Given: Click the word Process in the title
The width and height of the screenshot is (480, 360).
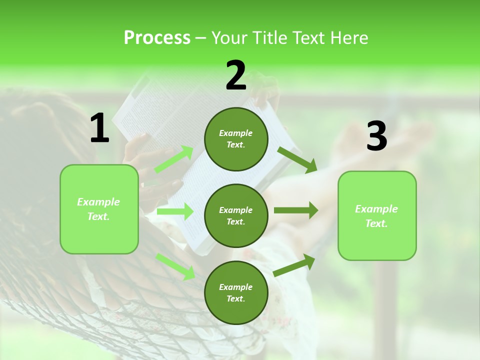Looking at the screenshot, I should click(157, 38).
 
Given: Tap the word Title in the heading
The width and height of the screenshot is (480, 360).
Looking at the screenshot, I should click(270, 38).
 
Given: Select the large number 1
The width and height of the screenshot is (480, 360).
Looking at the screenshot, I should click(99, 128).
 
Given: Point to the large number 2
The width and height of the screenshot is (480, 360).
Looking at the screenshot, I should click(236, 75).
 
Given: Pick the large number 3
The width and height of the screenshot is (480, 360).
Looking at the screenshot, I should click(376, 136).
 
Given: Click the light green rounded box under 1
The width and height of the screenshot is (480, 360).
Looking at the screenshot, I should click(99, 209).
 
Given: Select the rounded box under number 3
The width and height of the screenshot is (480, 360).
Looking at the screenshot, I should click(377, 215).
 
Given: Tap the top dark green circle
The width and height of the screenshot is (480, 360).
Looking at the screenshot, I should click(236, 139).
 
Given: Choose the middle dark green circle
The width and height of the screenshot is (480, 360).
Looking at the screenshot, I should click(236, 215).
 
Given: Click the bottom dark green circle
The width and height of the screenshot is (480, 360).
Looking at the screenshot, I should click(236, 292).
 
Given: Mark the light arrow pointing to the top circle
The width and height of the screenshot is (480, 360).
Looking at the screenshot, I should click(174, 159).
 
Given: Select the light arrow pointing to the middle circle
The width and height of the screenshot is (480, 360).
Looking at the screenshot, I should click(175, 211).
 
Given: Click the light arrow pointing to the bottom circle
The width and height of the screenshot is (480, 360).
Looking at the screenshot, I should click(175, 266).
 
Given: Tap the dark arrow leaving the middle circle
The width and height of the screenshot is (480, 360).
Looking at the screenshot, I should click(296, 210).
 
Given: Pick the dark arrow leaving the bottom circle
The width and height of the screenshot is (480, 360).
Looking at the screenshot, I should click(294, 265).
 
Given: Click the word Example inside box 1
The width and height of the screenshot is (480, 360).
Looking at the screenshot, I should click(98, 202).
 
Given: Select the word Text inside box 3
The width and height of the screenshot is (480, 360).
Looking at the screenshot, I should click(376, 223).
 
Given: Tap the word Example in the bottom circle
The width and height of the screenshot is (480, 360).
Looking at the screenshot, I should click(235, 287).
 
